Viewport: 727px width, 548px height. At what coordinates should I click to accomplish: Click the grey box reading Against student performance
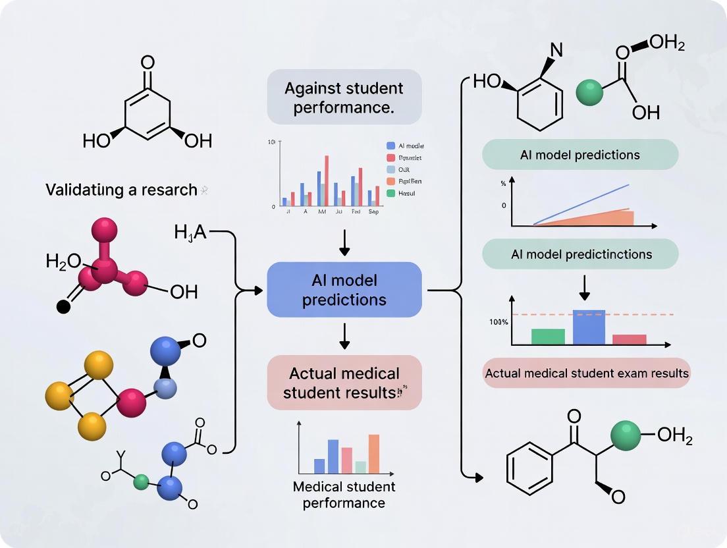(344, 97)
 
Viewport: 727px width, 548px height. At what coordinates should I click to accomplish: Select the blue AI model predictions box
(344, 290)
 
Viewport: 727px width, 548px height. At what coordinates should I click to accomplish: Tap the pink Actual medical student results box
(344, 383)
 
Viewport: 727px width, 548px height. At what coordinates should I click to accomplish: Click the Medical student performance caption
(344, 495)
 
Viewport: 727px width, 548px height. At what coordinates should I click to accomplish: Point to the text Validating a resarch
(121, 190)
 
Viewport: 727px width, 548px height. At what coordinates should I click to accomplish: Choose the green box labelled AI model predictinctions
(580, 254)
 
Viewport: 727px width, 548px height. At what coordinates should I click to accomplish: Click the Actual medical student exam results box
(587, 373)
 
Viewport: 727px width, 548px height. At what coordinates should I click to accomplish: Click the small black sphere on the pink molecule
(63, 306)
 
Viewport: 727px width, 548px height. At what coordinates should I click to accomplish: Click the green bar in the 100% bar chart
(548, 337)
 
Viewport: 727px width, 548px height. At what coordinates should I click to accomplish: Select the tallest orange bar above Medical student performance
(374, 454)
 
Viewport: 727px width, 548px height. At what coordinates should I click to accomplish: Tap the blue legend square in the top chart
(390, 146)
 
